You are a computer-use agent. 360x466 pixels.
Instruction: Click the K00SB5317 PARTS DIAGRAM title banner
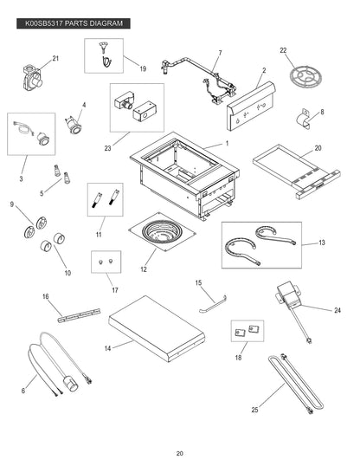[74, 23]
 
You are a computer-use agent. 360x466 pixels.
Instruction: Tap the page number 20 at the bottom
[180, 454]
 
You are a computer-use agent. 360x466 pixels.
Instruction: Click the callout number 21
[55, 58]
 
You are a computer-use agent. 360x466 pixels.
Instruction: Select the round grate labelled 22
[305, 74]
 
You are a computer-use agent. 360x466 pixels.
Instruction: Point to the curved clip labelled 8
[304, 120]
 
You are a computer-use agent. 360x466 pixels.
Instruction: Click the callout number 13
[322, 243]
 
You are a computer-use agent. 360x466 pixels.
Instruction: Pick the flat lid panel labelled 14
[157, 328]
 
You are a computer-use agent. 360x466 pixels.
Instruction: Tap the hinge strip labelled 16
[79, 315]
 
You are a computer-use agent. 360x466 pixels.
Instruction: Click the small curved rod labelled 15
[213, 304]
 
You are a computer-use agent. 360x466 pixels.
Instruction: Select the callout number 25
[254, 410]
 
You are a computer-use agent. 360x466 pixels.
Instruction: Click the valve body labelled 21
[33, 77]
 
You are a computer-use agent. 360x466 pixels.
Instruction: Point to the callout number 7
[220, 53]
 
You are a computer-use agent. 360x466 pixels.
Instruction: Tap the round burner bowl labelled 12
[162, 232]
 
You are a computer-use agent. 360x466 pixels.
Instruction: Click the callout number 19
[143, 68]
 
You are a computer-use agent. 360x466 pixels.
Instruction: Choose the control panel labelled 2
[251, 106]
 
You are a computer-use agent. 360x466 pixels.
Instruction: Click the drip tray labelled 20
[297, 172]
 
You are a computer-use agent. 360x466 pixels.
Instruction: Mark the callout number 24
[337, 310]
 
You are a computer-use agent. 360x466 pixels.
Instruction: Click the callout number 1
[228, 143]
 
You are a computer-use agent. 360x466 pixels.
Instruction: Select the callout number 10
[67, 273]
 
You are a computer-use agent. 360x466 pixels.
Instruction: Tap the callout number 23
[107, 148]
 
